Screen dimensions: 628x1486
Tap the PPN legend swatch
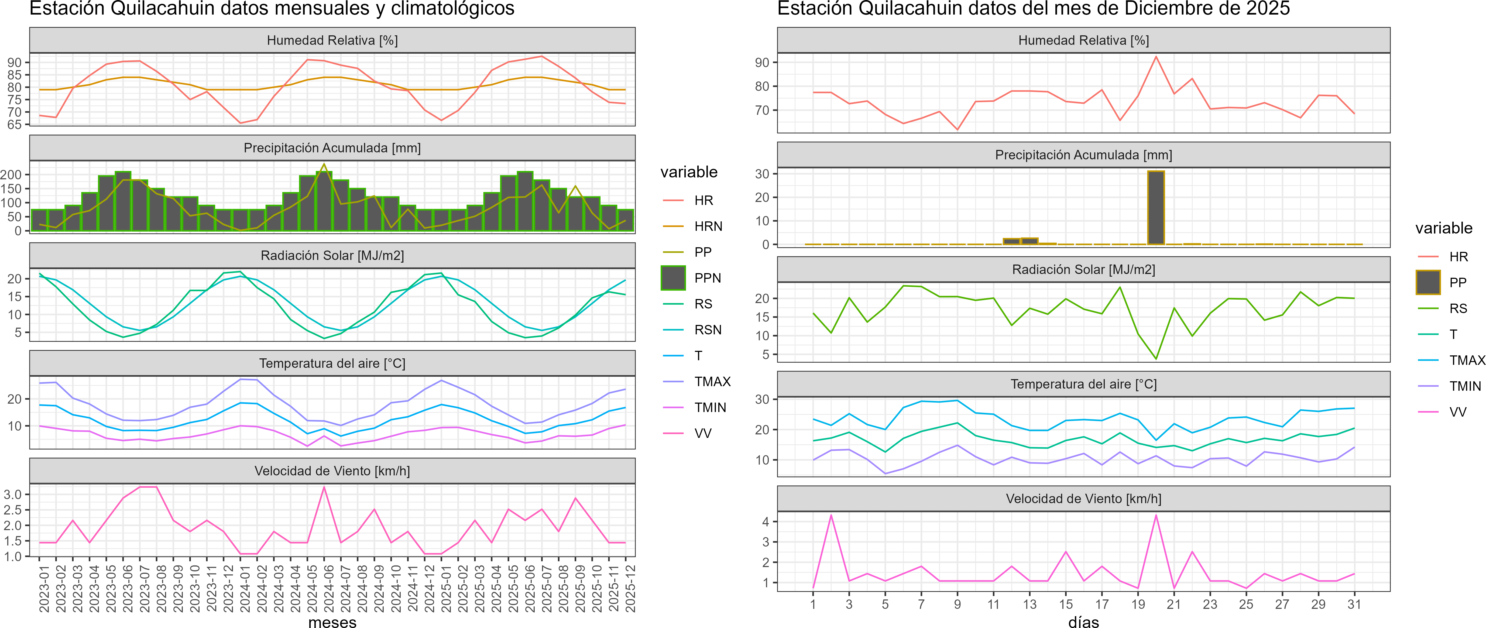coord(673,278)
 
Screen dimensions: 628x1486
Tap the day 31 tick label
coord(1354,604)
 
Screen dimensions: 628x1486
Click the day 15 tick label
coord(1065,604)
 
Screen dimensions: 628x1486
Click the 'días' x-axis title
coord(1083,622)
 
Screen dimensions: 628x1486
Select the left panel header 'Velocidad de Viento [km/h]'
coord(332,471)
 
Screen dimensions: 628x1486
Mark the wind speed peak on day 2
coord(831,515)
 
